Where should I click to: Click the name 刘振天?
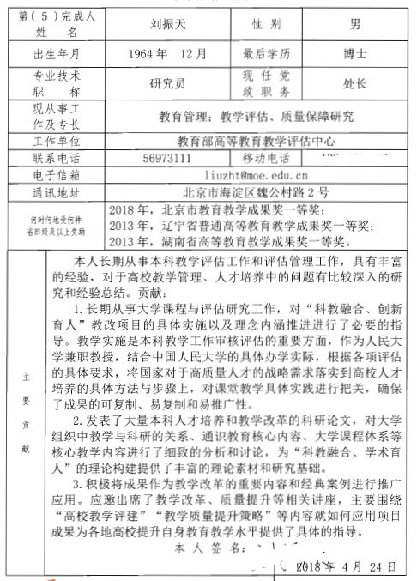click(168, 19)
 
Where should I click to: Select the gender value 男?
click(354, 19)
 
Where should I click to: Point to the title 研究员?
click(168, 84)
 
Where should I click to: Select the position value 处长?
click(354, 84)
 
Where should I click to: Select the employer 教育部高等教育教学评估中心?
click(257, 141)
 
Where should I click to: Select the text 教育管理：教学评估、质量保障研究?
click(257, 116)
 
